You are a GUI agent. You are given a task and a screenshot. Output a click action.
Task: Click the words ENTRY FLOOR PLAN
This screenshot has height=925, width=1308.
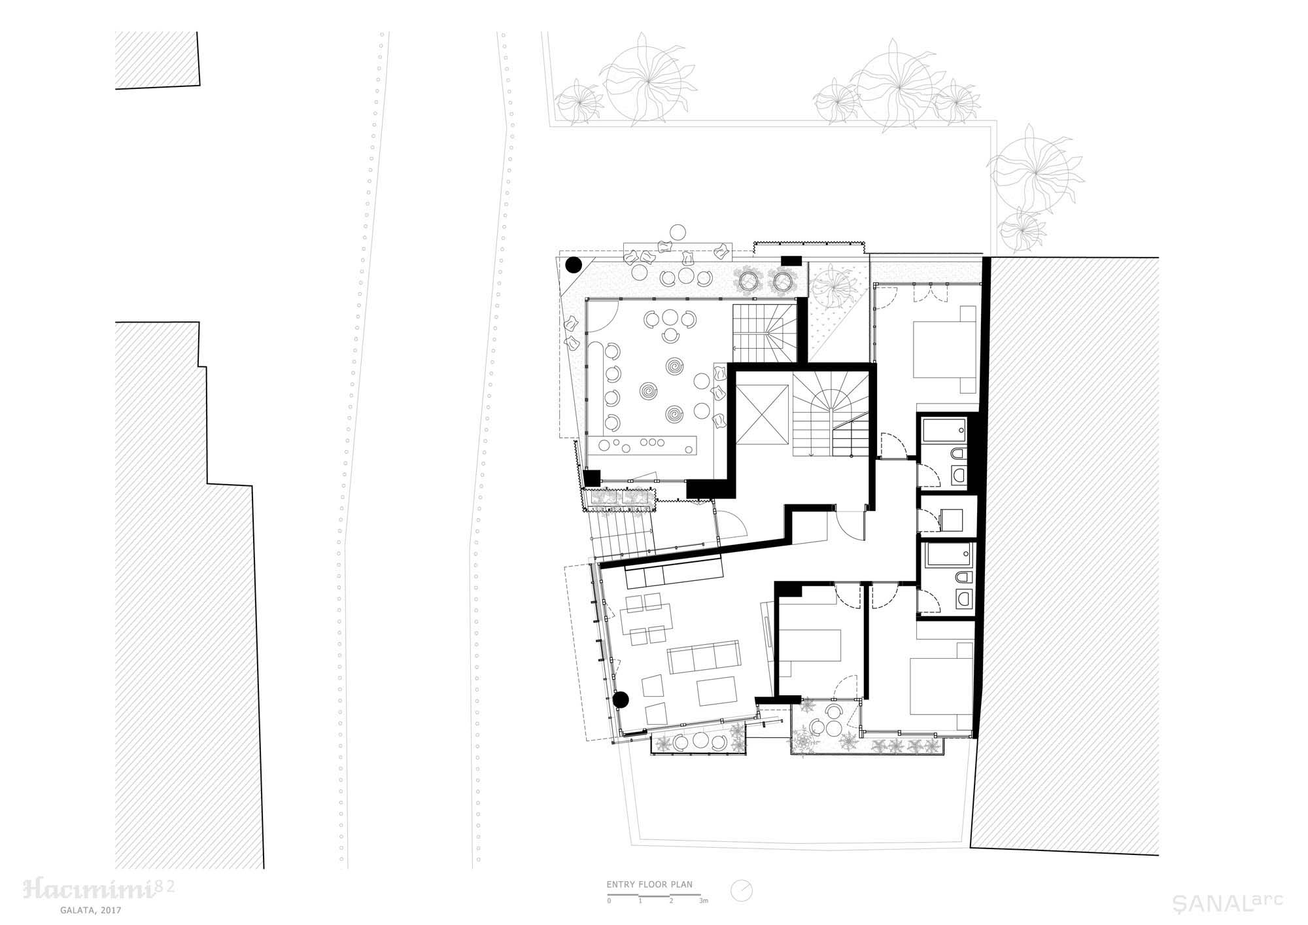coord(649,884)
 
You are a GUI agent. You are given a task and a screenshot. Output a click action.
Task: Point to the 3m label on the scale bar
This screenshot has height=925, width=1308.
coord(703,901)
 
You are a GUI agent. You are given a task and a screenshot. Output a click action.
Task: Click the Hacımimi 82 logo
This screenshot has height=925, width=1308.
coord(99,889)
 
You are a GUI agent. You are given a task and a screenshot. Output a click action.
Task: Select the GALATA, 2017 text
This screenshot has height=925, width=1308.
coord(89,909)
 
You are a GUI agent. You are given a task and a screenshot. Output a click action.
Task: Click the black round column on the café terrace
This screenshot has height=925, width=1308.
coord(574,265)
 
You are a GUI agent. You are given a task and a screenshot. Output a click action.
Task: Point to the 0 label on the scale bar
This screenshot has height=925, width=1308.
coord(609,901)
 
